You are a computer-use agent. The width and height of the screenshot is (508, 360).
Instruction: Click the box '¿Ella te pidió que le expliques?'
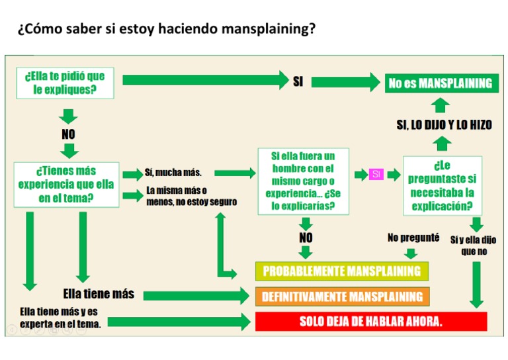[65, 83]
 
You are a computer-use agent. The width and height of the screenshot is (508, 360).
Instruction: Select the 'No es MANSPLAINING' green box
[440, 83]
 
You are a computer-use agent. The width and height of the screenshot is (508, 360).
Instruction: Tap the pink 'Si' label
[376, 174]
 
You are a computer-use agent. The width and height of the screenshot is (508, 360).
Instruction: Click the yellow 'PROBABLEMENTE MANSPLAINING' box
[342, 271]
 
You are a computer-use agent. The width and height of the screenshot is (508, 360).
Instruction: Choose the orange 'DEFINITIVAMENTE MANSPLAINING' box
[342, 296]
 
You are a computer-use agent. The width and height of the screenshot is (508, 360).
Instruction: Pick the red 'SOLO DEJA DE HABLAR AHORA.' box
[371, 322]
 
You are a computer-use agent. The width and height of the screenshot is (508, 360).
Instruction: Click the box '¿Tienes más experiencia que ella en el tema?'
[66, 184]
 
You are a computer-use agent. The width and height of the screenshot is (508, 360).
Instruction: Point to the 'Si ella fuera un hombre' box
[303, 181]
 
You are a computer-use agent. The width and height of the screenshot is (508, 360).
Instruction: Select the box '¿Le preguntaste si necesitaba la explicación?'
[443, 185]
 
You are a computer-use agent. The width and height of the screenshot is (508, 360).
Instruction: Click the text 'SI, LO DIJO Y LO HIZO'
[444, 125]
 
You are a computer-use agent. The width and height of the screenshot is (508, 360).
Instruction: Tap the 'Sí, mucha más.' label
[173, 173]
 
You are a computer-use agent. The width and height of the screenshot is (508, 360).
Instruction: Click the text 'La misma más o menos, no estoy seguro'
[191, 196]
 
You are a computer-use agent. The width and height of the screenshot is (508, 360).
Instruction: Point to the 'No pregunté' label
[413, 238]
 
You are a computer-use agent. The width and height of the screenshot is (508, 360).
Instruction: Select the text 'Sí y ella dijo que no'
[473, 246]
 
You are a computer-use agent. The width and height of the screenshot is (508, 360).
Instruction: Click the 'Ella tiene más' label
[99, 293]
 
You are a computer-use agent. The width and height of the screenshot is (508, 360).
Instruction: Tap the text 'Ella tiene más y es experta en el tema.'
[61, 318]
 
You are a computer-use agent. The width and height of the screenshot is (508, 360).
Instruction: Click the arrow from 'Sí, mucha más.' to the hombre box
[235, 173]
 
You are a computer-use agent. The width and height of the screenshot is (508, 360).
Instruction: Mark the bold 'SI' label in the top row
[298, 82]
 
